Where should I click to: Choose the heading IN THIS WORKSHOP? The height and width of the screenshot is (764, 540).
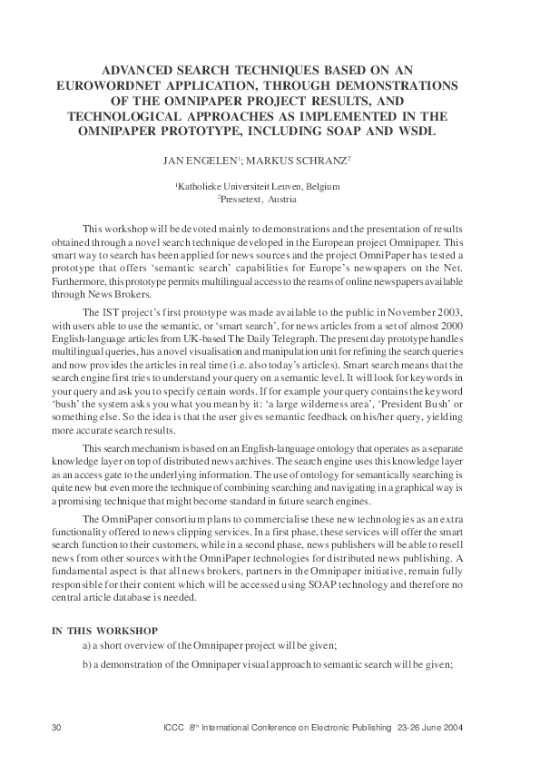(x=105, y=630)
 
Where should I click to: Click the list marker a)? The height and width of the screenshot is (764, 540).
(x=86, y=645)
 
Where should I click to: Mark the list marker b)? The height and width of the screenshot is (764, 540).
(x=86, y=664)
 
